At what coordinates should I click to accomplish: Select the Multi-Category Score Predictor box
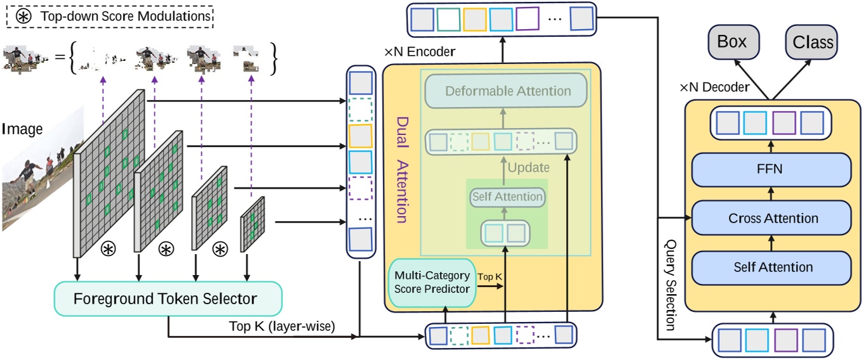432,282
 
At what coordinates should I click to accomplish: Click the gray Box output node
731,42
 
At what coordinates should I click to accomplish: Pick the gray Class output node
813,42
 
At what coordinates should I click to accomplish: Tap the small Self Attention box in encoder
507,197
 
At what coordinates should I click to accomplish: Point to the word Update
529,168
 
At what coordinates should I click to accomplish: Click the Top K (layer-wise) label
281,326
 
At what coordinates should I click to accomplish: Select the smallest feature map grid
252,226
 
